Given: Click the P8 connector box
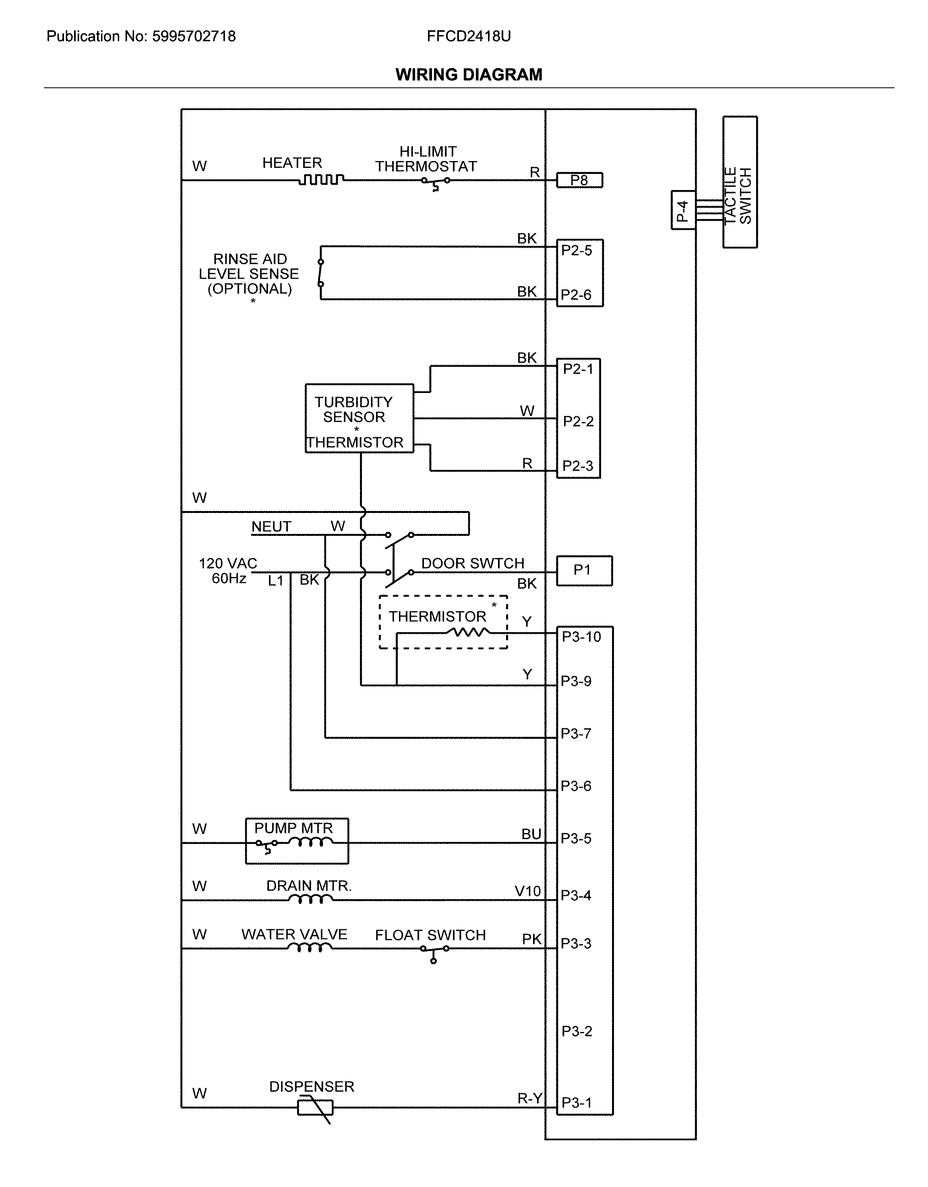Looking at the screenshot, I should point(579,180).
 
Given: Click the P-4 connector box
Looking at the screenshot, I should point(683,210).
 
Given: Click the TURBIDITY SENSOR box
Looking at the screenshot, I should point(359,418).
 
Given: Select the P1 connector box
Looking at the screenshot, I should point(584,570).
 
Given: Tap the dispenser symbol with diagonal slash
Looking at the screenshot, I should point(316,1107).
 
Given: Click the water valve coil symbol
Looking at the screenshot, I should point(309,948).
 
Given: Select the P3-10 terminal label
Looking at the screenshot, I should point(581,637).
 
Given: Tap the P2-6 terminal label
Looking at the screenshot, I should point(576,295).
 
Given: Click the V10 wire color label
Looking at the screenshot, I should point(527,891).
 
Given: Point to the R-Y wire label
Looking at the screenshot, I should point(529,1098).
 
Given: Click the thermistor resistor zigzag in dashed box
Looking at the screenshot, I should point(468,632).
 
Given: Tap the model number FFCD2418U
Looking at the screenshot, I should point(468,36).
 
